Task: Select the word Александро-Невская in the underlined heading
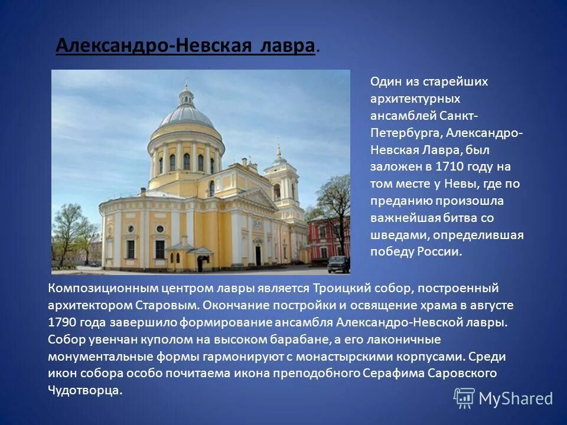[156, 45]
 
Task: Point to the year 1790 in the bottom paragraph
[62, 322]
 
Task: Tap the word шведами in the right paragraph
[392, 235]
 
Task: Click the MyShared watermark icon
[464, 398]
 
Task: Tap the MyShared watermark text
[515, 398]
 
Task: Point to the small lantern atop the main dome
[187, 94]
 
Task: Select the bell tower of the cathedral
[280, 177]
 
